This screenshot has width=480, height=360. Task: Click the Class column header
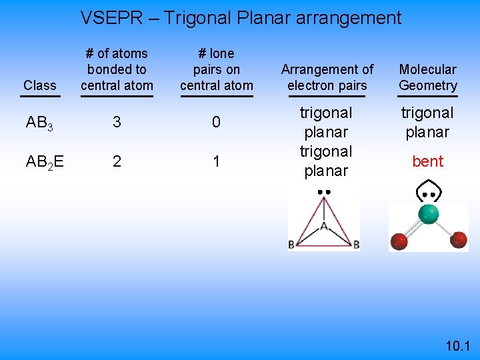[39, 85]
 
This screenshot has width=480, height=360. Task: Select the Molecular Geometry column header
[428, 77]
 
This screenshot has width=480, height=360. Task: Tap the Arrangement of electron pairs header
[327, 77]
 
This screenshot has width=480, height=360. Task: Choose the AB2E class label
[45, 161]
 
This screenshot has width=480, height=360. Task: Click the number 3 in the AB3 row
[117, 123]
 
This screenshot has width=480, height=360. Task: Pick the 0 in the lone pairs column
[216, 123]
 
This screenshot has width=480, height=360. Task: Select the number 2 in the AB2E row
[117, 161]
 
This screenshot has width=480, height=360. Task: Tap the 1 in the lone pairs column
[216, 161]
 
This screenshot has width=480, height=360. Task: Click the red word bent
[428, 161]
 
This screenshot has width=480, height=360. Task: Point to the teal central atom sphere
[428, 214]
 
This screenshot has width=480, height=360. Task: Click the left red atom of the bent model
[399, 241]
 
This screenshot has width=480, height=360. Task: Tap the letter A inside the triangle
[324, 227]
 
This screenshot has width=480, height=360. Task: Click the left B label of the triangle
[291, 245]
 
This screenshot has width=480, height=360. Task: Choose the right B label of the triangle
[356, 245]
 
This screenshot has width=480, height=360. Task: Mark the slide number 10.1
[458, 345]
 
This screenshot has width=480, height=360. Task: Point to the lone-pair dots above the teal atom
[429, 195]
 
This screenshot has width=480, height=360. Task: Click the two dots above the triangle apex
[324, 192]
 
